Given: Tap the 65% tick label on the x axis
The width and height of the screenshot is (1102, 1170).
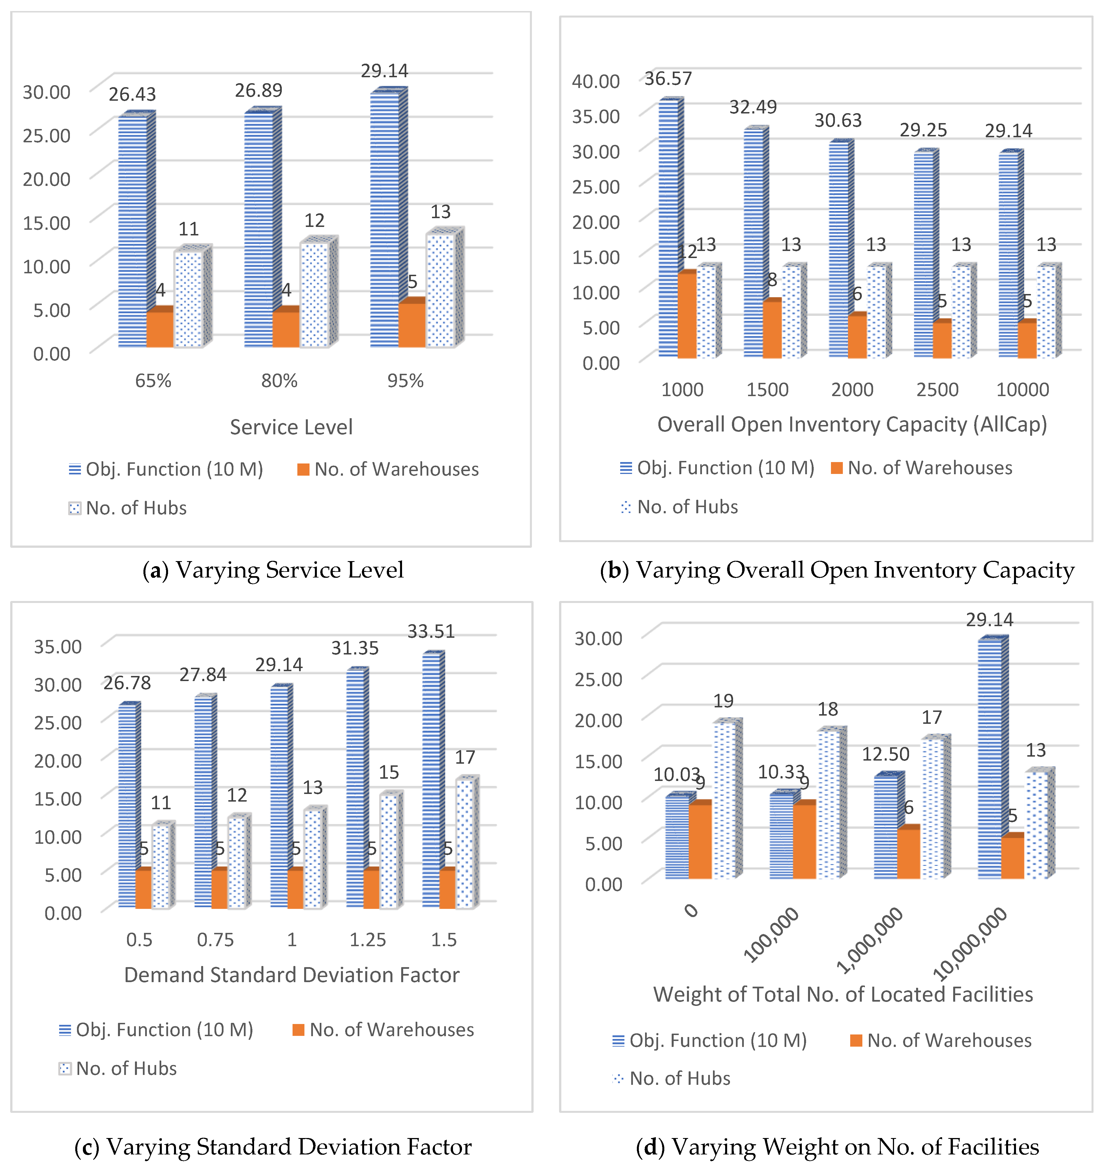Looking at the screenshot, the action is (x=153, y=381).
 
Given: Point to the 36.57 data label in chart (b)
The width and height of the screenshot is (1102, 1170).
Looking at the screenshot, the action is (x=668, y=78).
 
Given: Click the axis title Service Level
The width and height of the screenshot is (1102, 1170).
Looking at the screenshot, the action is (x=291, y=427).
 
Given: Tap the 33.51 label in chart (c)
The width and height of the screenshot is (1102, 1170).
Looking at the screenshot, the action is (x=431, y=632).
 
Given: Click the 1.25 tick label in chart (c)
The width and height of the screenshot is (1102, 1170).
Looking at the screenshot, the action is (x=368, y=940).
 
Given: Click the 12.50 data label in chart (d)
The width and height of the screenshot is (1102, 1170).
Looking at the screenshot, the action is (x=886, y=754).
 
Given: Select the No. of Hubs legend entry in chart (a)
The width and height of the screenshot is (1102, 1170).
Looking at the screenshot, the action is (x=128, y=508).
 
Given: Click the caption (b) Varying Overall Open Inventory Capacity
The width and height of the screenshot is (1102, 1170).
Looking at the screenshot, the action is (x=837, y=570).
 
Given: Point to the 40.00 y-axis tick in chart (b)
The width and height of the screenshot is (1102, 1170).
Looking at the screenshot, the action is (x=596, y=81).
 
